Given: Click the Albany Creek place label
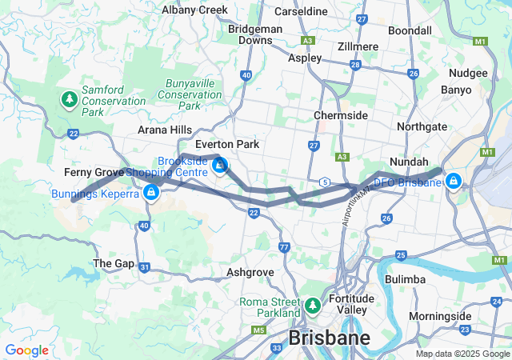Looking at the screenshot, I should [194, 10].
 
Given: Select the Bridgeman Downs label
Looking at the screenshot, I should [250, 34].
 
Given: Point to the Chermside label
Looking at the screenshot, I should [341, 115].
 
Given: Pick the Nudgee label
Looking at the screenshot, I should [469, 73].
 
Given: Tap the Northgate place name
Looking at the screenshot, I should [422, 126].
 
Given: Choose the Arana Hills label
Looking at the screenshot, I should [165, 130].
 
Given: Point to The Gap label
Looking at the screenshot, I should [114, 263].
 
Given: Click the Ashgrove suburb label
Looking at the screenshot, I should [250, 272].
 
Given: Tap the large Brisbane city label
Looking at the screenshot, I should [330, 338].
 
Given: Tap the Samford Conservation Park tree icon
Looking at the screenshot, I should [69, 100].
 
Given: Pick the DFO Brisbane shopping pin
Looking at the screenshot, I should [454, 181].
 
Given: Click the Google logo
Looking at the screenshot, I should [27, 350].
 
